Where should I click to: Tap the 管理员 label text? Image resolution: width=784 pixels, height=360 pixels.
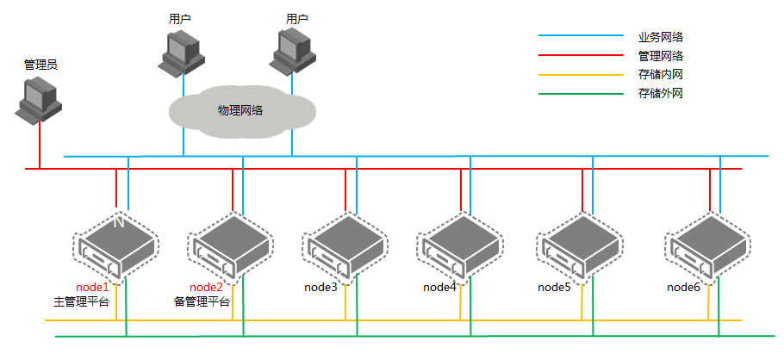pos(40,65)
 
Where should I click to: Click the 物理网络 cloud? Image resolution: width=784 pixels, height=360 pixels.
pos(240,111)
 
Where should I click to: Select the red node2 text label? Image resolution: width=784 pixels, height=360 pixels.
pos(206,287)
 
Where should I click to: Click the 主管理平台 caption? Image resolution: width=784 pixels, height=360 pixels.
pos(82,302)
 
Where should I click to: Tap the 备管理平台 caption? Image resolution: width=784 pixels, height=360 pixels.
pos(202,302)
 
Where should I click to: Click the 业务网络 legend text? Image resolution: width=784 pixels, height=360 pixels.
pos(661,36)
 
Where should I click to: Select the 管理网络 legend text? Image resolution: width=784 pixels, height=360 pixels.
pos(661,55)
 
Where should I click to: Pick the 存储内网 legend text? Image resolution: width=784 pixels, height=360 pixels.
pos(661,74)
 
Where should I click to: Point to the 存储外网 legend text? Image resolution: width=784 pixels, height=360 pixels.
pos(661,93)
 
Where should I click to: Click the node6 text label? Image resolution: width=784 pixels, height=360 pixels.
pos(683,287)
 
